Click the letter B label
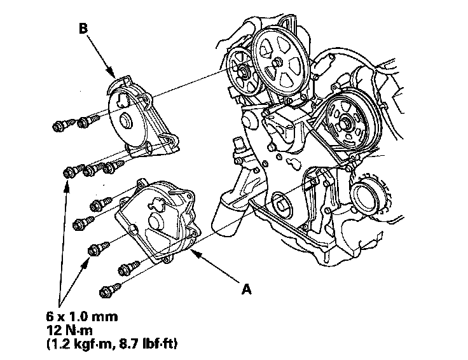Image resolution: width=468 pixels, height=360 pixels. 83,28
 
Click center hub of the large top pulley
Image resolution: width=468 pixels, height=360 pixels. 278,62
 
